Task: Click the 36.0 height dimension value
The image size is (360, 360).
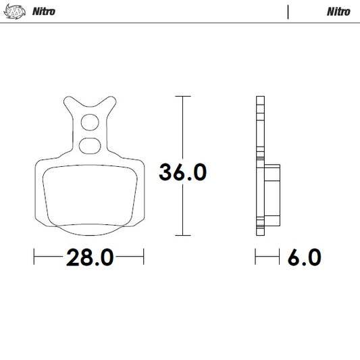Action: [x=182, y=172]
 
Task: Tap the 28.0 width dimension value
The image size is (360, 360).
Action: [x=88, y=257]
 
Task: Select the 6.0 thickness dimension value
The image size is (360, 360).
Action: [x=303, y=257]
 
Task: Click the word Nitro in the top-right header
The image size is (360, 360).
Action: [x=338, y=11]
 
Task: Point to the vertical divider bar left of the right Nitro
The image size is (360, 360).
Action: [x=288, y=11]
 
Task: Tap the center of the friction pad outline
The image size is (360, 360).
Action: [x=88, y=195]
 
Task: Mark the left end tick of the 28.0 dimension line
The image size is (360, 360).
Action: [x=34, y=257]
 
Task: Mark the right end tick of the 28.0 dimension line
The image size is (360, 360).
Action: [x=144, y=257]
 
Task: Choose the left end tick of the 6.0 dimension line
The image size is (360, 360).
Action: [x=255, y=257]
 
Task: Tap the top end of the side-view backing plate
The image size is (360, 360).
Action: [x=259, y=99]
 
